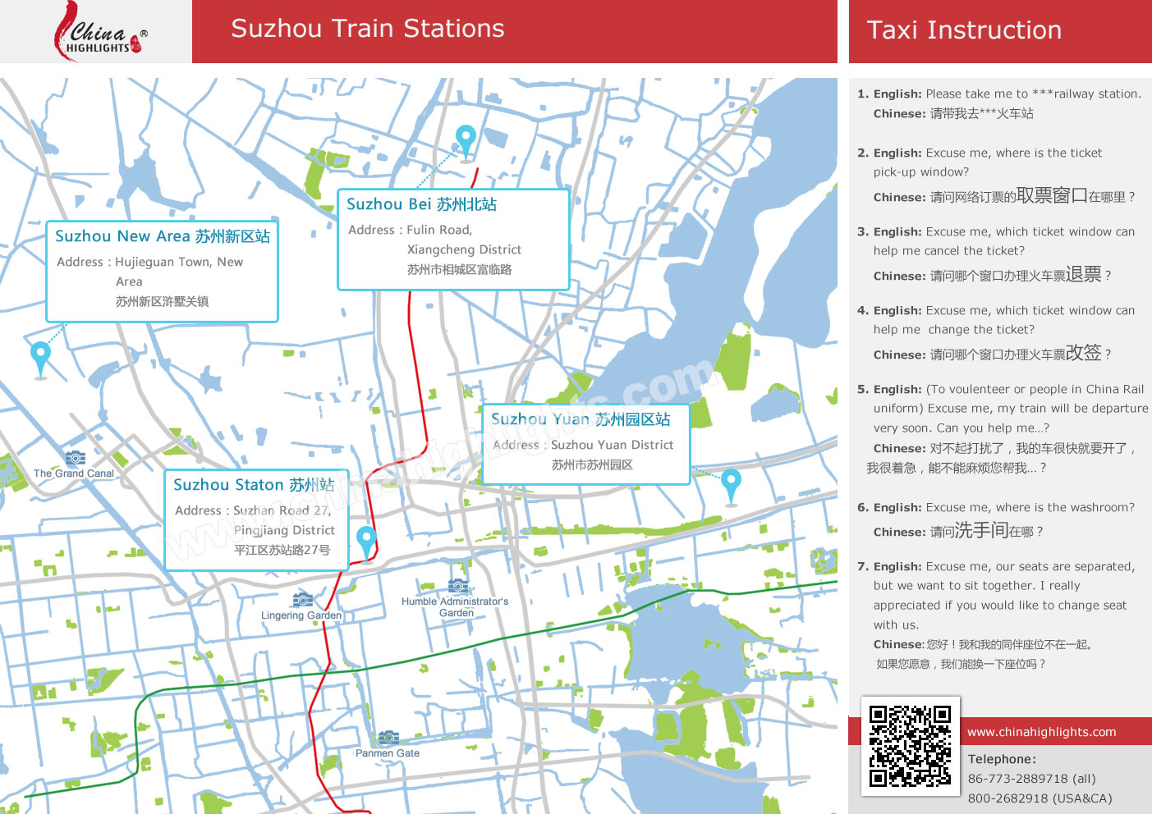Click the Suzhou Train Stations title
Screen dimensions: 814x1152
367,29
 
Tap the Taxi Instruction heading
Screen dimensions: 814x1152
964,30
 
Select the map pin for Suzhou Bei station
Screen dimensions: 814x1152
466,139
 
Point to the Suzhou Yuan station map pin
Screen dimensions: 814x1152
731,483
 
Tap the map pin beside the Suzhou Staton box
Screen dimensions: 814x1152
366,541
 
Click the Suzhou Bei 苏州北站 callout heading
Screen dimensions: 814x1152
421,204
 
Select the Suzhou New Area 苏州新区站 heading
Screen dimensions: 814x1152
162,236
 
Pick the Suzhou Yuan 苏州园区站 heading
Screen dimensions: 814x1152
581,419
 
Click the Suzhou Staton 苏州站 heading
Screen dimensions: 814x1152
253,485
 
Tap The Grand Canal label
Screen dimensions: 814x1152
74,473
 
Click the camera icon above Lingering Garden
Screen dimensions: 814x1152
302,600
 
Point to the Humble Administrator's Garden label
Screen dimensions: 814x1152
455,607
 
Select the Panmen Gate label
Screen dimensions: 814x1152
388,753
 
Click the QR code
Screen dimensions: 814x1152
910,746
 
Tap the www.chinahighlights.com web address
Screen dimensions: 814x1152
1041,732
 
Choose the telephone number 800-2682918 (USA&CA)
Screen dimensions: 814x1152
1040,798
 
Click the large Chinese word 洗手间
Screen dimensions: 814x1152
981,530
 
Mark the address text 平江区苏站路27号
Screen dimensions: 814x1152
282,550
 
